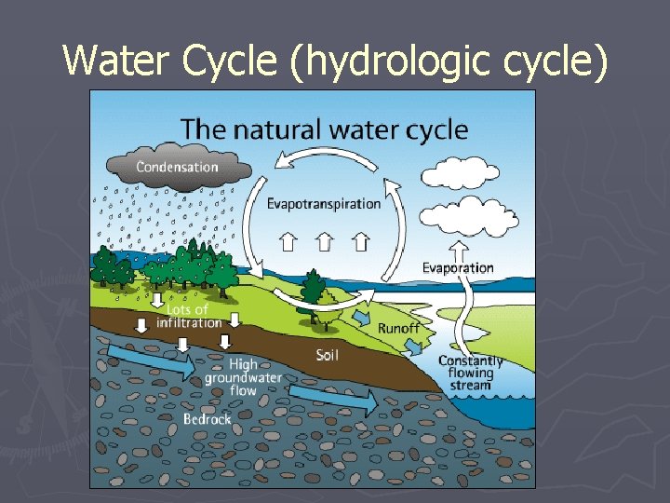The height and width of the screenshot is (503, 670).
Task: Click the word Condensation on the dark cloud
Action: pos(178,168)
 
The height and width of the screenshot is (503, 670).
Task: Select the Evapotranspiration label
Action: pos(324,203)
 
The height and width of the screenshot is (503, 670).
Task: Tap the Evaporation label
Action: pos(458,267)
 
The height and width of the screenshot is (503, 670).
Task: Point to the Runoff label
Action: pos(398,329)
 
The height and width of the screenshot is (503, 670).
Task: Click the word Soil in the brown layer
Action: pos(327,355)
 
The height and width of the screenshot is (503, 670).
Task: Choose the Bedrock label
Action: pos(207,419)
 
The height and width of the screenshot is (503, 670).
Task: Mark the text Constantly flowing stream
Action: pos(470,372)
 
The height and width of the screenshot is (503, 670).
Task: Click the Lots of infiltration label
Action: pos(189,316)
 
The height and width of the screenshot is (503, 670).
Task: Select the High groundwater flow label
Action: pos(244,377)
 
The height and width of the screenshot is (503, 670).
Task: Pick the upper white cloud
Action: pos(460,174)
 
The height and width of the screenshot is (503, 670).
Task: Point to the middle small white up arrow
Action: pos(324,242)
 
